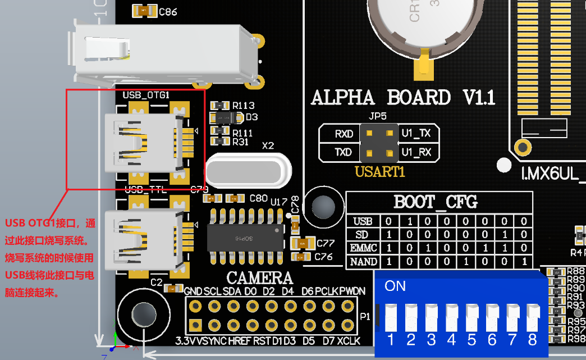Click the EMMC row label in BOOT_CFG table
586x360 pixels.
pos(362,248)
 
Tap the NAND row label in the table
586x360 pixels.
pos(362,261)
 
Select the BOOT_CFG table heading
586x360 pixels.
pos(436,202)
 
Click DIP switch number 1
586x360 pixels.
pos(390,318)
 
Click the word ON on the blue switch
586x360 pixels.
pos(395,286)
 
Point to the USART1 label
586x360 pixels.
pos(380,172)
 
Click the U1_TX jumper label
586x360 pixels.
pos(416,134)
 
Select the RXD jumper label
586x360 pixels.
pos(344,134)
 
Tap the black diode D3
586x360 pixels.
pos(226,117)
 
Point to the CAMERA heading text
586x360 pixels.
pos(260,278)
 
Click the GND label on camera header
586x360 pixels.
pos(193,291)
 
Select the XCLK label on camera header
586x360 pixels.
pos(349,341)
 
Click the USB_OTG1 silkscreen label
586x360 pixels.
pos(146,95)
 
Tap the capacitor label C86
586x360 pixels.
pos(168,11)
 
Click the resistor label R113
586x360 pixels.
pos(244,106)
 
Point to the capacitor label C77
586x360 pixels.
pos(325,244)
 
